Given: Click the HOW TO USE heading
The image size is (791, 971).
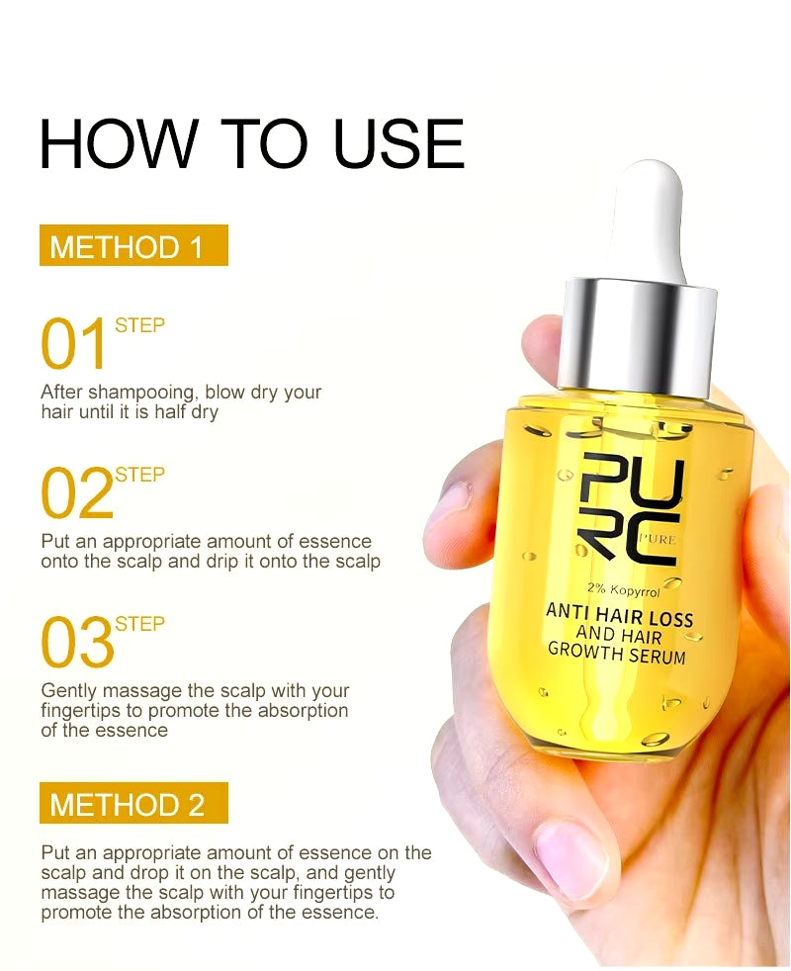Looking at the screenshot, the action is pos(251,143).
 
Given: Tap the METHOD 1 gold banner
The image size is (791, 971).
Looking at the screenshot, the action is pos(133,245).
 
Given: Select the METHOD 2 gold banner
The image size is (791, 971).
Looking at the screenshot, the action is pos(133,803).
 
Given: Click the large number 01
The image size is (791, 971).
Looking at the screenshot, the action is pos(74,344).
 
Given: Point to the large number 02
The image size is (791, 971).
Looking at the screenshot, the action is pos(77,493).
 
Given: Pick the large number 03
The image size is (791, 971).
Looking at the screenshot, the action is pos(77,642).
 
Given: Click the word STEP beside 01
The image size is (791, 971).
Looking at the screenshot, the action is pos(140,325).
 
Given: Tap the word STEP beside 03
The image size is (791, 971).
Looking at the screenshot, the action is pos(140,624).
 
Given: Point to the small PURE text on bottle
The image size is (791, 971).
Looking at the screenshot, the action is pos(658,539).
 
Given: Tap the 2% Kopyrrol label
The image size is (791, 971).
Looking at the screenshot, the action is pos(623,590).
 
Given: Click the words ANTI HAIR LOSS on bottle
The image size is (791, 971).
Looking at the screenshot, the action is pos(619,615).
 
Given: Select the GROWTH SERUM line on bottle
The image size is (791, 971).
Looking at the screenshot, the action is pos(617,653).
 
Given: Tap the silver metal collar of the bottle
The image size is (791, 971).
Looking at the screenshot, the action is pos(638,340).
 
